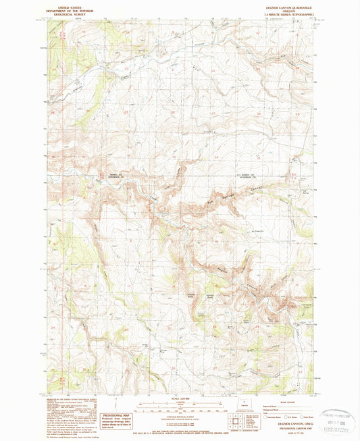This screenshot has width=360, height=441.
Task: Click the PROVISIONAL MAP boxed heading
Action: pos(116,415)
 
